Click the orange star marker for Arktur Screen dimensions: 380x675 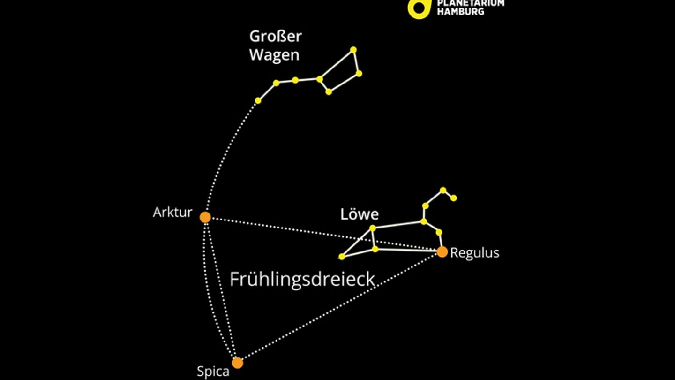click(205, 217)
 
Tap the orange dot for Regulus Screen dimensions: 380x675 click(442, 252)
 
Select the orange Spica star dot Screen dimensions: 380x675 click(238, 363)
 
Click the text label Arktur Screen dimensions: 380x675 click(172, 213)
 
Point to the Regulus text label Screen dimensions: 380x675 click(474, 253)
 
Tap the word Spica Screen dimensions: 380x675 click(213, 372)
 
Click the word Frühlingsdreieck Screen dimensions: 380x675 click(302, 279)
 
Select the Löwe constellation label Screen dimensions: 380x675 click(359, 215)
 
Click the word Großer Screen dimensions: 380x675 click(275, 36)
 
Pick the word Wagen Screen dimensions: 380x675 click(274, 55)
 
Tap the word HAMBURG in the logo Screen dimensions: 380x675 click(461, 11)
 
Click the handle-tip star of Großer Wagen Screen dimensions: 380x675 click(258, 100)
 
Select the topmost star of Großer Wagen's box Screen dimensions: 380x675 click(353, 50)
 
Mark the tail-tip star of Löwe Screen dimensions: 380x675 click(342, 257)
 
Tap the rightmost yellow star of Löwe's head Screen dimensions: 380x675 click(453, 198)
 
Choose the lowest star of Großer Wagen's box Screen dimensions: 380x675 click(329, 92)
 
